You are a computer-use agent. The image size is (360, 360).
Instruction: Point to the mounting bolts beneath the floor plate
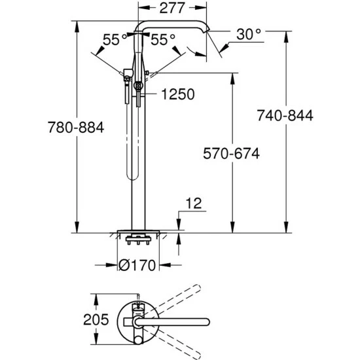coord(138,243)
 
